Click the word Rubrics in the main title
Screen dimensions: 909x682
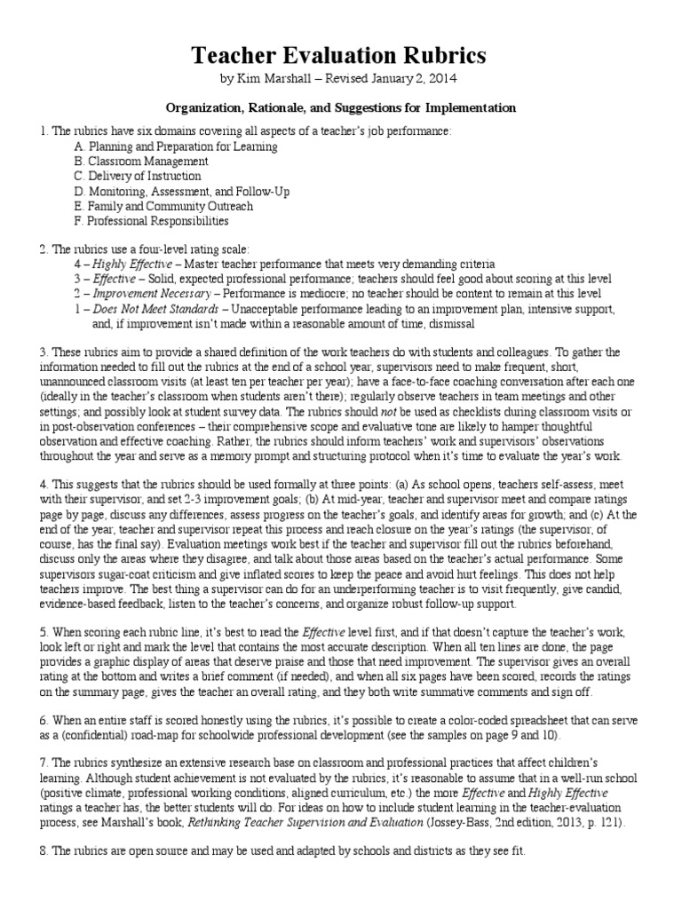point(440,56)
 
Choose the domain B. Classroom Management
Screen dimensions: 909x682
point(142,162)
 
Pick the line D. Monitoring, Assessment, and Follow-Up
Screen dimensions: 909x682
point(182,191)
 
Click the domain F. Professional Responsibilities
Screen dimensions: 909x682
point(152,221)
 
